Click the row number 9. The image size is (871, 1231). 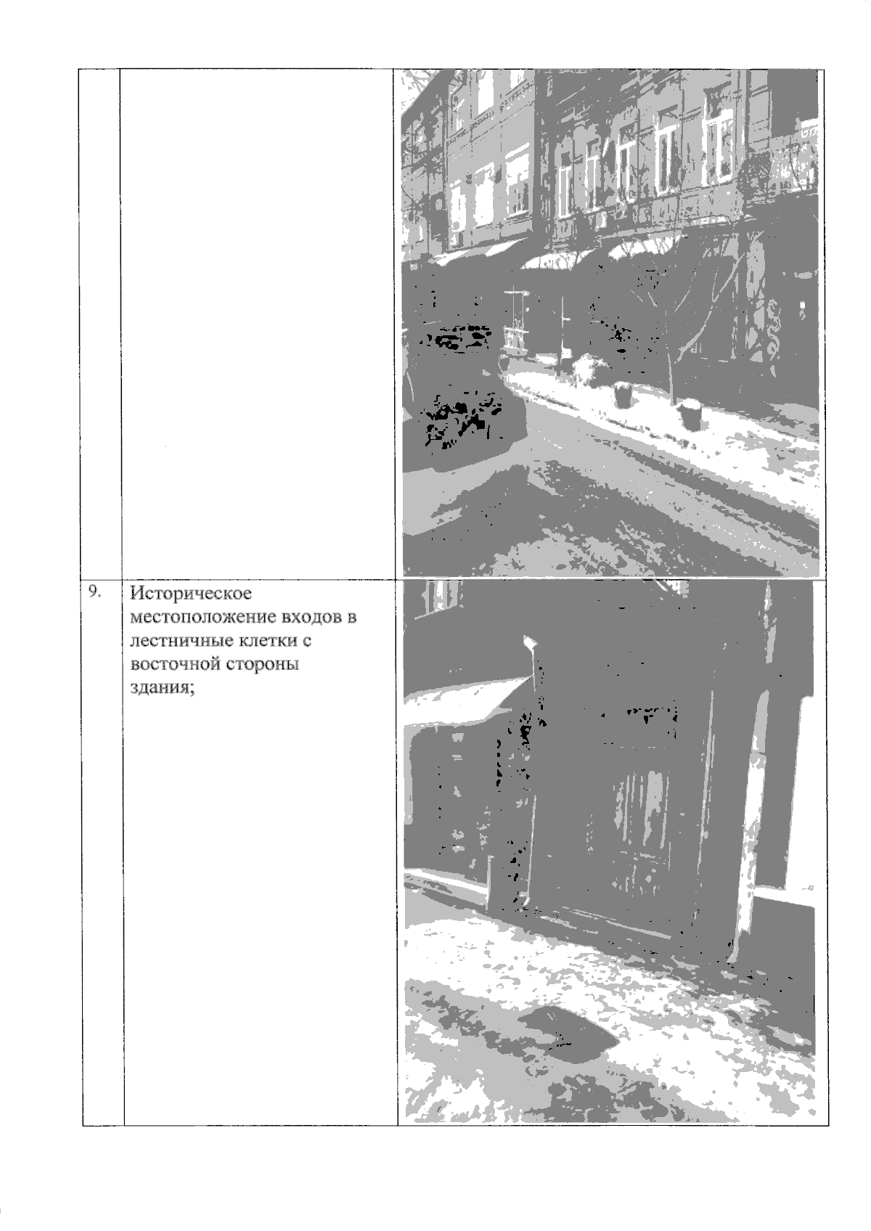click(x=95, y=592)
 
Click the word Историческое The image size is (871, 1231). click(x=191, y=594)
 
